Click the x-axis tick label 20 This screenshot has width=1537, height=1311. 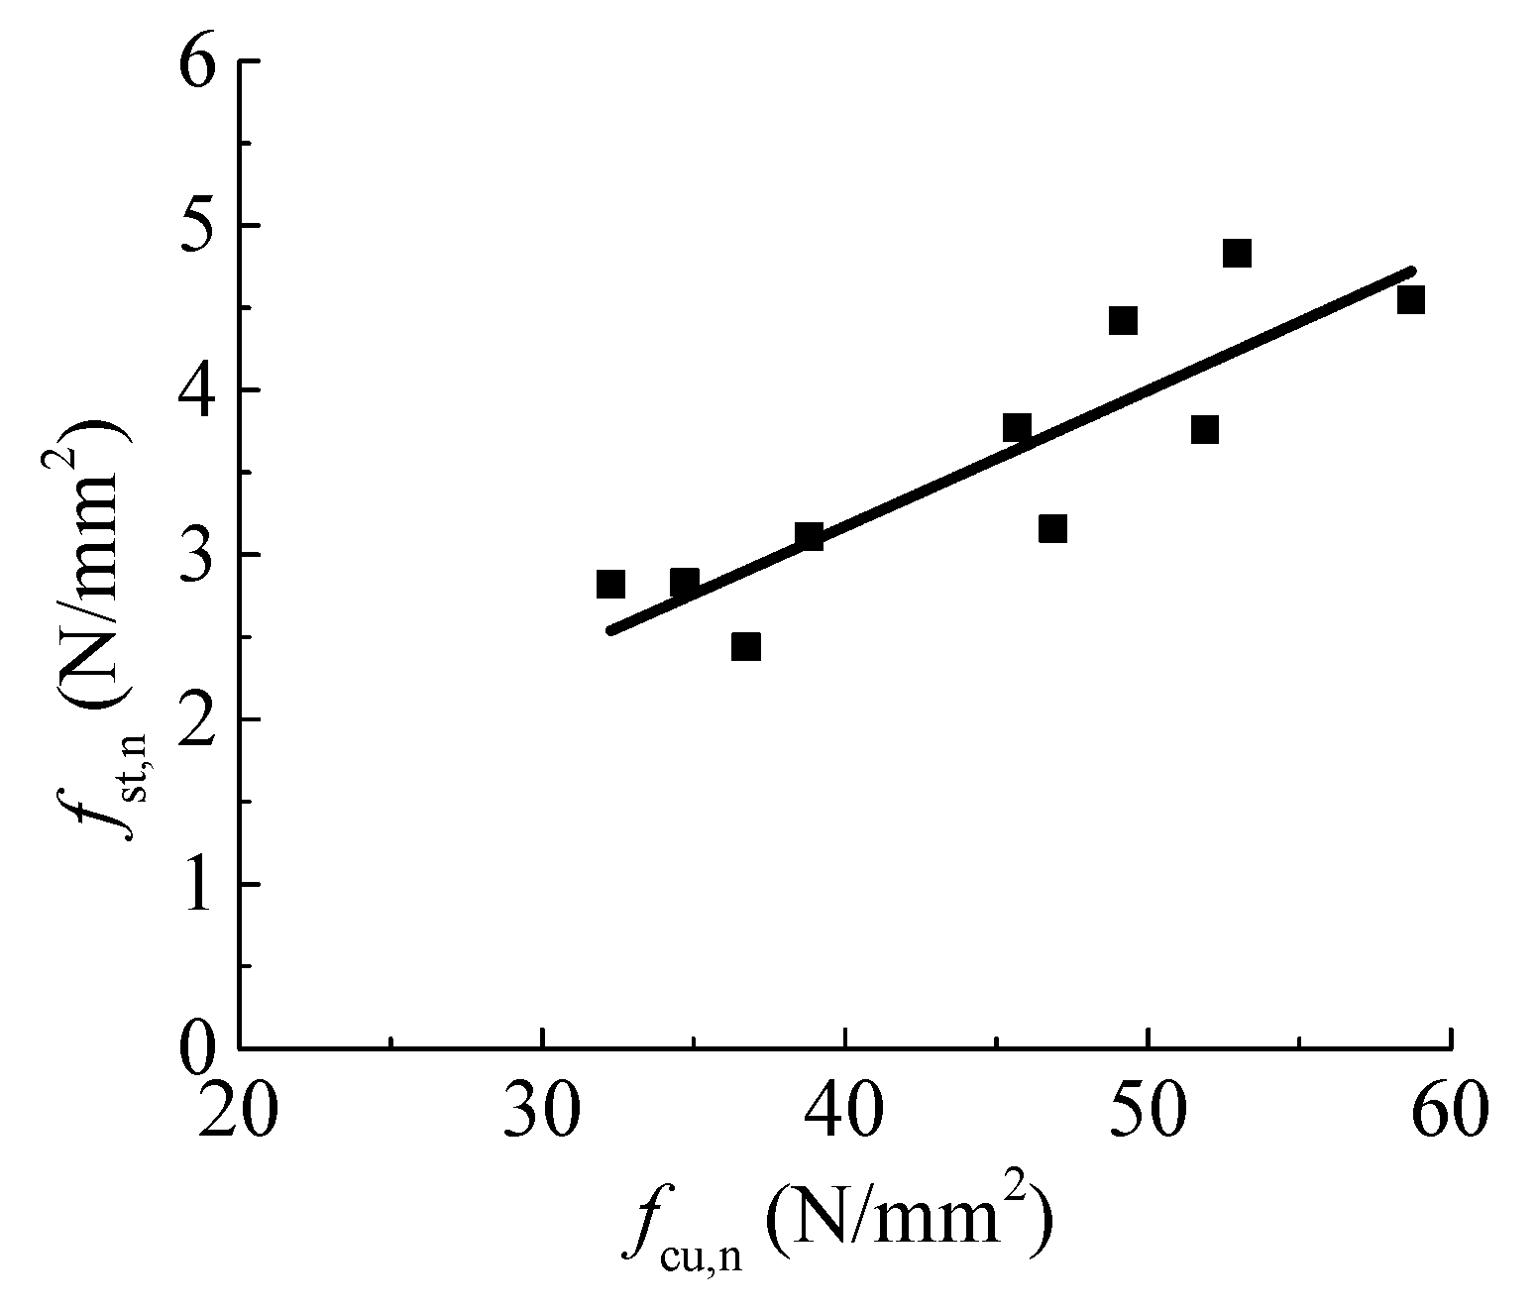coord(239,1114)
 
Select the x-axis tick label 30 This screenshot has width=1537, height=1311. coord(542,1114)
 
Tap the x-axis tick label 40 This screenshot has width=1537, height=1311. coord(845,1114)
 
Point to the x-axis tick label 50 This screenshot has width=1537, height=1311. coord(1149,1114)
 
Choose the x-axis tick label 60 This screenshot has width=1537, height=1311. coord(1451,1114)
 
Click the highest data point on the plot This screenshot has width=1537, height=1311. coord(1237,254)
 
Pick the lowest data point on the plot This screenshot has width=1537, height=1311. coord(746,647)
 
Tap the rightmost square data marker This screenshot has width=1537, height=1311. coord(1411,299)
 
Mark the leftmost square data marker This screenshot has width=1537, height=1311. coord(610,584)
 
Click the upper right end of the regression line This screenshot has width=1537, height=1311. coord(1411,270)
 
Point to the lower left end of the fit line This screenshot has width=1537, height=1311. coord(611,630)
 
